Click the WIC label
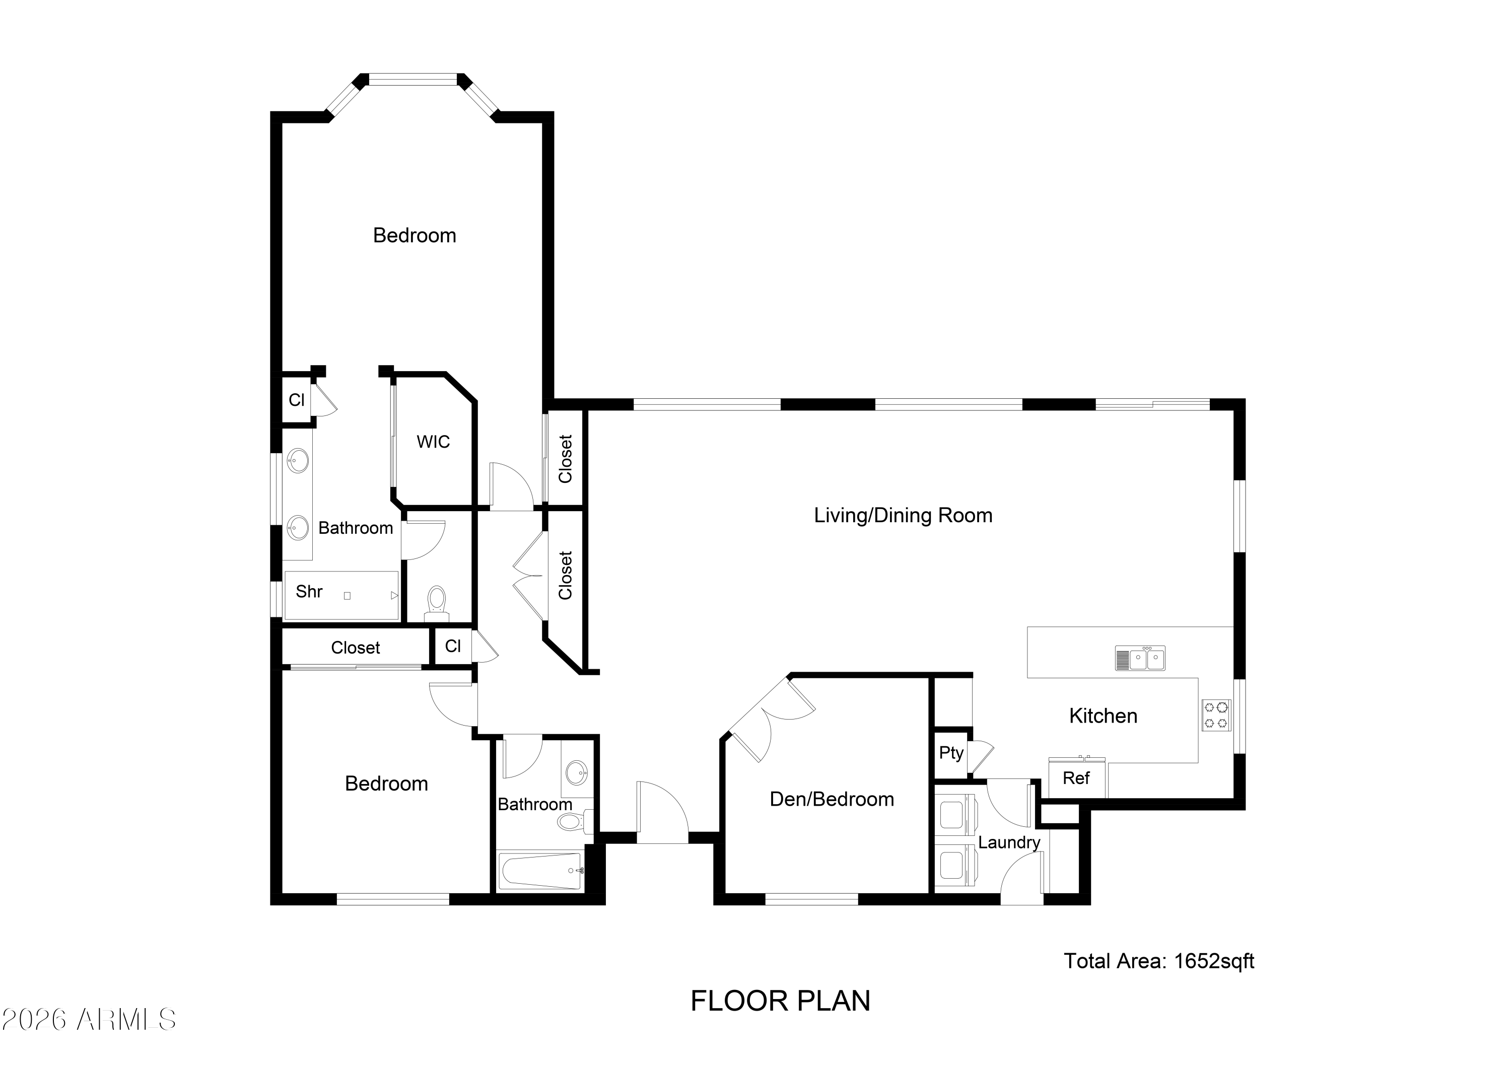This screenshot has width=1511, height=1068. [433, 442]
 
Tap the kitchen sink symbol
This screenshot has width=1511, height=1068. [1140, 658]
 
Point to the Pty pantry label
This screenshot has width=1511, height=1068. [951, 753]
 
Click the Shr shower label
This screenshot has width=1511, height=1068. [309, 592]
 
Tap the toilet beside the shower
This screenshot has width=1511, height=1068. [436, 603]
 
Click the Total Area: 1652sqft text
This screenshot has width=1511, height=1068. [1159, 961]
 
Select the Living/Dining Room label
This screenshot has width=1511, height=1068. [903, 515]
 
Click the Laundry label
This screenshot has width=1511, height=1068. [1008, 842]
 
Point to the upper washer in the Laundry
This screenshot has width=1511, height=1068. [955, 815]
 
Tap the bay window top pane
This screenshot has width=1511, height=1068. [412, 80]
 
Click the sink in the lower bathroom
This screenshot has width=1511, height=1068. [577, 772]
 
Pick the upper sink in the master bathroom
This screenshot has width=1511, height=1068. [298, 461]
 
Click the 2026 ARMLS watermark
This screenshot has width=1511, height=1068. [89, 1020]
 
